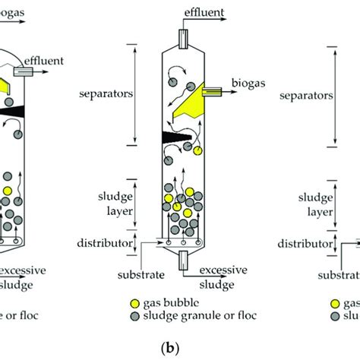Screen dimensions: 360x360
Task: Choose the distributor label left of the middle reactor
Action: click(106, 245)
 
